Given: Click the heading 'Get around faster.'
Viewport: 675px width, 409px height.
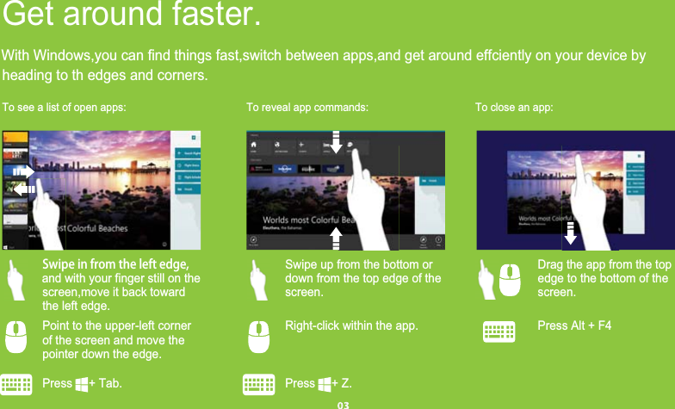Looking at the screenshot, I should [x=131, y=15].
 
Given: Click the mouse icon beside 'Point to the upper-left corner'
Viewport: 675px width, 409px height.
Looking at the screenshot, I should [x=16, y=336].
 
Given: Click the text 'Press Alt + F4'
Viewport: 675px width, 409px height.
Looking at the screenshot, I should [x=574, y=326].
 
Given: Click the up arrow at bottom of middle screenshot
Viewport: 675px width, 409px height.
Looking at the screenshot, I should [x=337, y=237].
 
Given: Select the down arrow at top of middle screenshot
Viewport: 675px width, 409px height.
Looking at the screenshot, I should [x=337, y=143].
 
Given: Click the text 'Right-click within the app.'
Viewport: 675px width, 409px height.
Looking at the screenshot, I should [x=351, y=326].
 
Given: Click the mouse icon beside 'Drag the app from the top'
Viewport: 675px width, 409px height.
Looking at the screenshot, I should [x=510, y=280].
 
